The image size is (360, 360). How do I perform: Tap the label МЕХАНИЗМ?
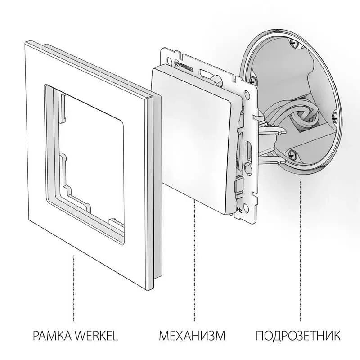point(192,336)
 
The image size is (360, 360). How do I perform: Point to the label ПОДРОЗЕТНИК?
point(298,336)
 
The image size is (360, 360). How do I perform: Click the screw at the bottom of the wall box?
point(292,153)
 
